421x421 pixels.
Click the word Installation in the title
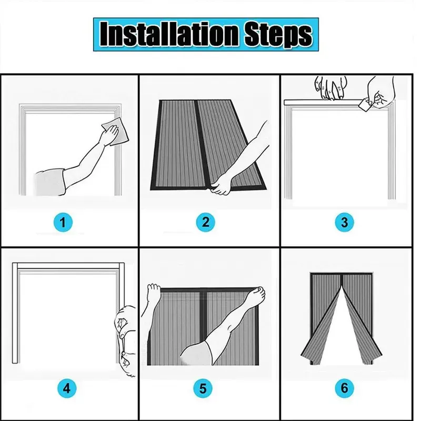(x=169, y=34)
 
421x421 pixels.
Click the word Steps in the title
(x=278, y=35)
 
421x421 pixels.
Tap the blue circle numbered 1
(x=63, y=222)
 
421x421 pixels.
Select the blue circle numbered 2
(x=205, y=222)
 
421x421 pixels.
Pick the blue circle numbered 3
(x=345, y=222)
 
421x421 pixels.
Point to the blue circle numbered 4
(x=67, y=388)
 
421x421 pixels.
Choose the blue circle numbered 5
(x=203, y=388)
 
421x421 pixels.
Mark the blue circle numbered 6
(x=345, y=388)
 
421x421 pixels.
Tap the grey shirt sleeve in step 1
(x=50, y=182)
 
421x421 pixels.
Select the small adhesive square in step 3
(x=365, y=104)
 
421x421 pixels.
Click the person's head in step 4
(x=126, y=342)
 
